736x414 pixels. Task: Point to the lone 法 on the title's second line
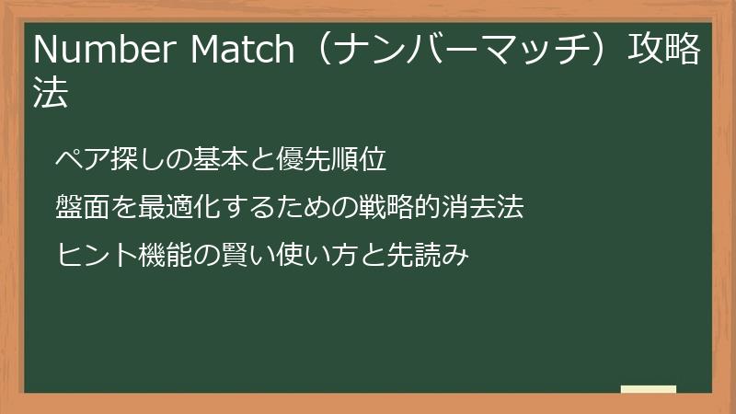point(51,95)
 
